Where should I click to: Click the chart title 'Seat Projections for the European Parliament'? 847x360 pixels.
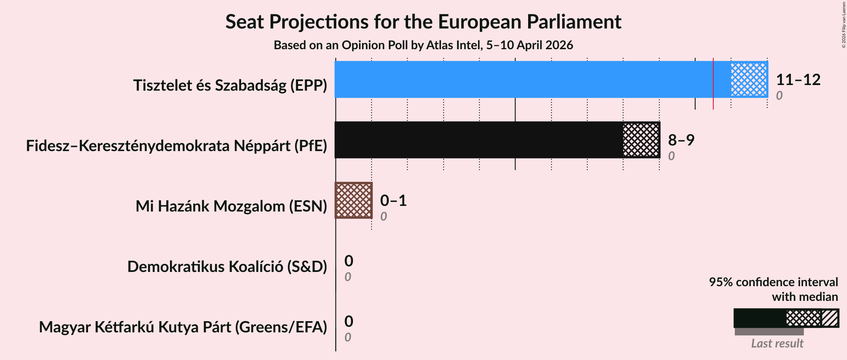point(423,22)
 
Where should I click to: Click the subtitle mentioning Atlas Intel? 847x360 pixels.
point(423,45)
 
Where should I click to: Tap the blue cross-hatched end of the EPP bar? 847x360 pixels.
point(749,79)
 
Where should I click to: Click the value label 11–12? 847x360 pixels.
point(798,80)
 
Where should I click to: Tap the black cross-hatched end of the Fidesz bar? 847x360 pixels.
point(641,140)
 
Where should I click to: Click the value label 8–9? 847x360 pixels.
point(681,140)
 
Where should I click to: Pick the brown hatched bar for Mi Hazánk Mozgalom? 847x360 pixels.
point(353,200)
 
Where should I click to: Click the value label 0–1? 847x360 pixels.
point(393,201)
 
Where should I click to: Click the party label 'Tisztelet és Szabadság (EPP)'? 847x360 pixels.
point(230,85)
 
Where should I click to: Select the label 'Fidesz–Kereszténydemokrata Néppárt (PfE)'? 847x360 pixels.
point(176,146)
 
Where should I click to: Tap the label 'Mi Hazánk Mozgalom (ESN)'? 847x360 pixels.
point(231,206)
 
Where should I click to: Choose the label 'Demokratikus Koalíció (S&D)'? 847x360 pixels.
point(227,267)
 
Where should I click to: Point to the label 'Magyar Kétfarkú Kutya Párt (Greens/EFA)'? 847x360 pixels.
point(183,327)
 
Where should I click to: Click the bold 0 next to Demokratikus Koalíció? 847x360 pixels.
point(349,261)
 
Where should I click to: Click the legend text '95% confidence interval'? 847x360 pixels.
point(773,282)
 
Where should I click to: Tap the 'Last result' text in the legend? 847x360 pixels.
point(777,344)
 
